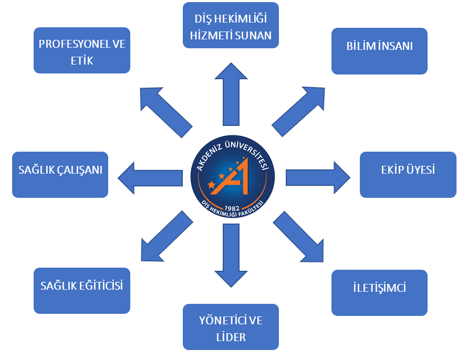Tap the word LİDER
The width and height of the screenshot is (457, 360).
tap(231, 337)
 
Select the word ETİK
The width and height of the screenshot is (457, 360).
tap(81, 60)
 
